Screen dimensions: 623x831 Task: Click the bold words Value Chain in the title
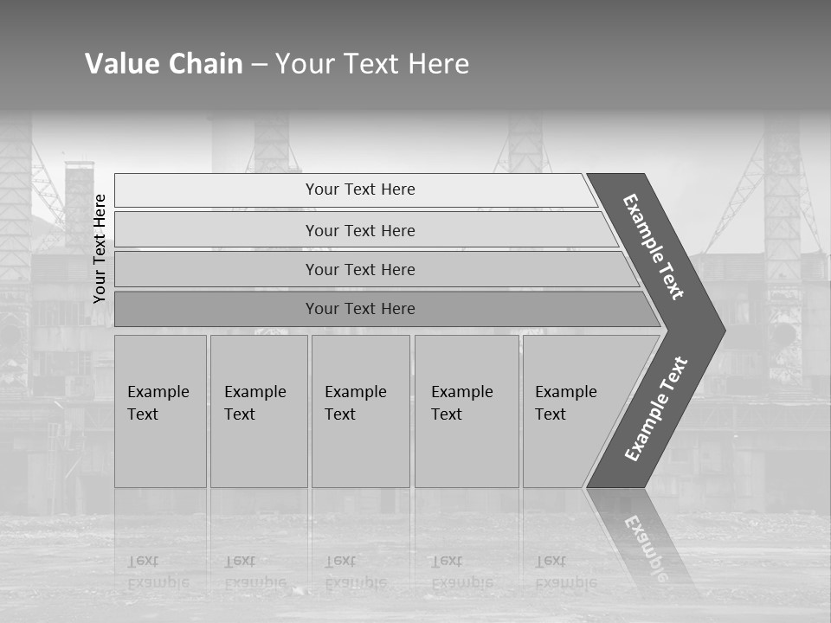click(x=164, y=64)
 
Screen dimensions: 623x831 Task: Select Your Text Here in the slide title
click(x=372, y=64)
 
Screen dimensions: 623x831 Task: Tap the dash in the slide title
click(x=259, y=65)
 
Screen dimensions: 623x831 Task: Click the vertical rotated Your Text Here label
click(x=100, y=248)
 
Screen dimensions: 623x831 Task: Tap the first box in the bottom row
click(x=160, y=411)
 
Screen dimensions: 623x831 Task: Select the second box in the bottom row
click(x=258, y=411)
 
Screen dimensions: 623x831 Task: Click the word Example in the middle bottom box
click(x=355, y=392)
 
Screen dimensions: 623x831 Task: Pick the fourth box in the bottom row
click(x=466, y=411)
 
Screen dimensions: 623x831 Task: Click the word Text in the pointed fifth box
click(x=550, y=414)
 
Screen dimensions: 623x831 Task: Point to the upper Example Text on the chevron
click(x=654, y=247)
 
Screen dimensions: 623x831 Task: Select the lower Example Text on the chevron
click(x=656, y=409)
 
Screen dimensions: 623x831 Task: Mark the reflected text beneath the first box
click(x=158, y=572)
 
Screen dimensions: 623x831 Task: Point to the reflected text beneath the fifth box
click(x=565, y=572)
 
